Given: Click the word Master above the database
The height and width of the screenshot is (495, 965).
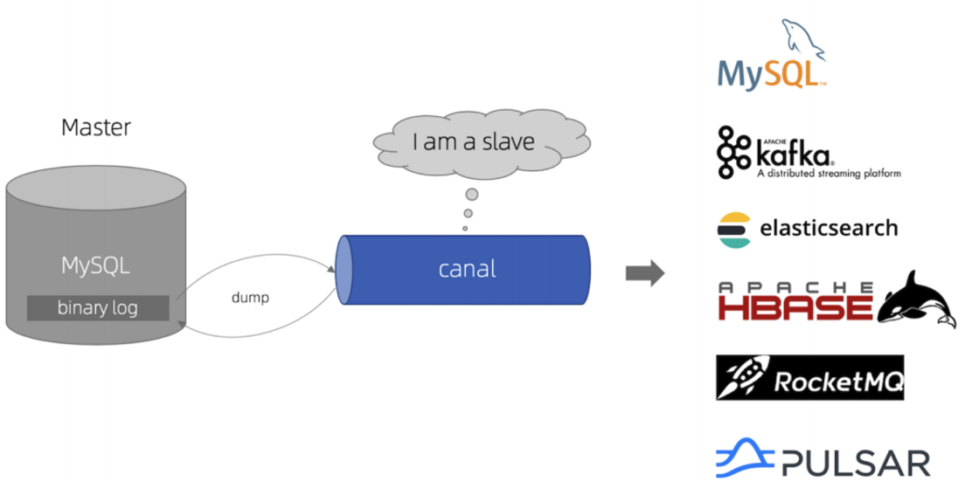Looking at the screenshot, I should point(96,127).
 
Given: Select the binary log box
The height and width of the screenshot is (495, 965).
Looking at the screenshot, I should point(98,308).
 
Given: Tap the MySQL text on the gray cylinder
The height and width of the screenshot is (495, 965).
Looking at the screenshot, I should point(95,265).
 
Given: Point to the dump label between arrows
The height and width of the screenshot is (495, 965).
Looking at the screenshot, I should point(250,298).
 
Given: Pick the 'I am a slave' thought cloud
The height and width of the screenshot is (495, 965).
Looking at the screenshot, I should point(473,142).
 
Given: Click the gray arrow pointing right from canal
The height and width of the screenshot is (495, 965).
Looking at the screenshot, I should point(644,273).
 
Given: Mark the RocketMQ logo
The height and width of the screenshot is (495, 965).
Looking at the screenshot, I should point(809,377).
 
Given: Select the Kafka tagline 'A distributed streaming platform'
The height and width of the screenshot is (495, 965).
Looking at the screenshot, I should point(828,174).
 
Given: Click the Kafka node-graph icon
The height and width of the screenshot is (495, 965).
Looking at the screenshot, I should point(732,152).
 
